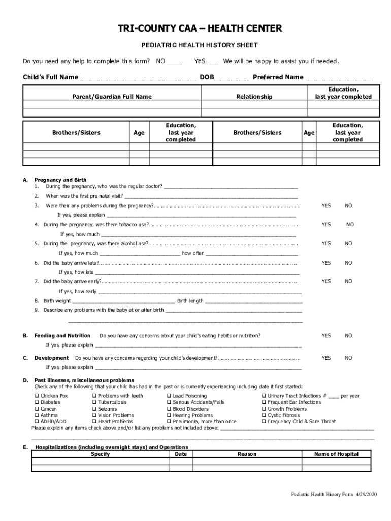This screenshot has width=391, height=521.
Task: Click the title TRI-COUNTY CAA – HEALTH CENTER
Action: pos(195,28)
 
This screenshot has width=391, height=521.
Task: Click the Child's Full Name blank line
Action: pos(138,78)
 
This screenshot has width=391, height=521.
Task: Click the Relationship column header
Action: pos(254,97)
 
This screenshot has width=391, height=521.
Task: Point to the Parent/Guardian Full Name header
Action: pos(112,97)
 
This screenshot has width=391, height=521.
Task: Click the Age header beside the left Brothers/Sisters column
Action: pos(139,133)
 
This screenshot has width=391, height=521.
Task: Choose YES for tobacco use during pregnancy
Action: pos(326,225)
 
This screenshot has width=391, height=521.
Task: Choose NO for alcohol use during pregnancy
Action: pos(348,244)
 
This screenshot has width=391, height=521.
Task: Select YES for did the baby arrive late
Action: pos(326,263)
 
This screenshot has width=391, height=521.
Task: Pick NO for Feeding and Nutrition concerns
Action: pos(348,336)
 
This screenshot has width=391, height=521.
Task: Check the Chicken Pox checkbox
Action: pos(37,396)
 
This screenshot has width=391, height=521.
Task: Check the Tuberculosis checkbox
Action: pos(94,402)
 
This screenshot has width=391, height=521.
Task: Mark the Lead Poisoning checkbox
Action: pos(169,396)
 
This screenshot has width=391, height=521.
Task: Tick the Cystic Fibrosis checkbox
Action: pos(264,415)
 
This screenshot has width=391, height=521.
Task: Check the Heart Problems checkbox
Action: pos(94,422)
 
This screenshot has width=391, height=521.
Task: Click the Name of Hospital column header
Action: pos(336,454)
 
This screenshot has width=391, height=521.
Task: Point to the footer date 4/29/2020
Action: pos(367,495)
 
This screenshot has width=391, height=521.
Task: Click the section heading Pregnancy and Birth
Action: pos(60,180)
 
